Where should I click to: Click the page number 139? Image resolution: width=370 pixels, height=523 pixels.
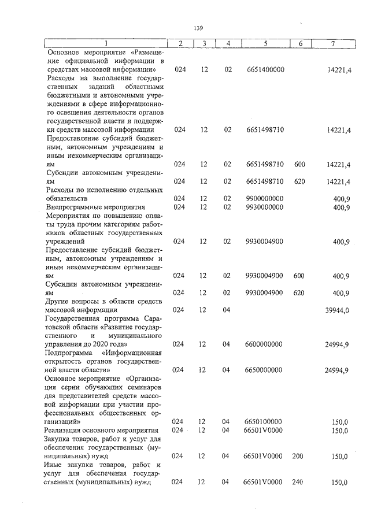tap(198, 28)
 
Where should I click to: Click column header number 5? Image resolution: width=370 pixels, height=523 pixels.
tap(265, 43)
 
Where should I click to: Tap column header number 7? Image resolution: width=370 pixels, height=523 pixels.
tap(330, 43)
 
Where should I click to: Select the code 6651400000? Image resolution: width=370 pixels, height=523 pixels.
tap(265, 69)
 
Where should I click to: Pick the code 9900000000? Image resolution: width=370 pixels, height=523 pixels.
tap(265, 199)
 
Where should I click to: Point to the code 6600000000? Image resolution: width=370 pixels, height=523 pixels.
tap(265, 344)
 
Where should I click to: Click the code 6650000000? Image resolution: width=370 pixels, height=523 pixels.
tap(265, 369)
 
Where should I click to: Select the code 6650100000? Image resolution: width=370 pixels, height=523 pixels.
tap(265, 422)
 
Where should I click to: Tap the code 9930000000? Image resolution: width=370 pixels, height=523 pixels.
tap(265, 207)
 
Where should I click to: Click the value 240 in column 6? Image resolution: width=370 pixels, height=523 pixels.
tap(299, 482)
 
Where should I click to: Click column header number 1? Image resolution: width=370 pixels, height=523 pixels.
tap(105, 43)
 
